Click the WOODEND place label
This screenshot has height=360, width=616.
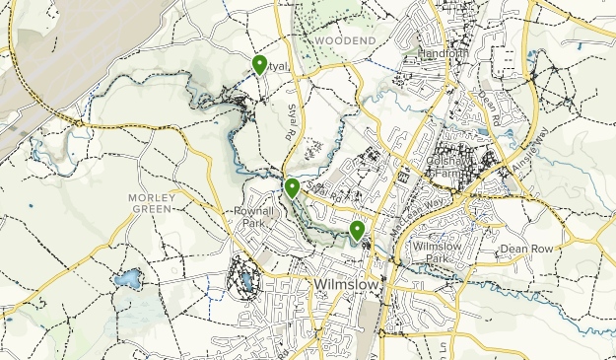pos(347,39)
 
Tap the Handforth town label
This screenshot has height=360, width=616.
pos(440,53)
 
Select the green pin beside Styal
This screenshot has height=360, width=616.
pos(259,65)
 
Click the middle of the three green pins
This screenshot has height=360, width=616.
pos(292,187)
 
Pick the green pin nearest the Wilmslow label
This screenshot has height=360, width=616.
pos(357,232)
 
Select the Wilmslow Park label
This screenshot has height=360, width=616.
pos(437,252)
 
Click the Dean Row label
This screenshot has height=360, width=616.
pos(529,249)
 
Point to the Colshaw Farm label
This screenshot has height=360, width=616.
pos(452,167)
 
